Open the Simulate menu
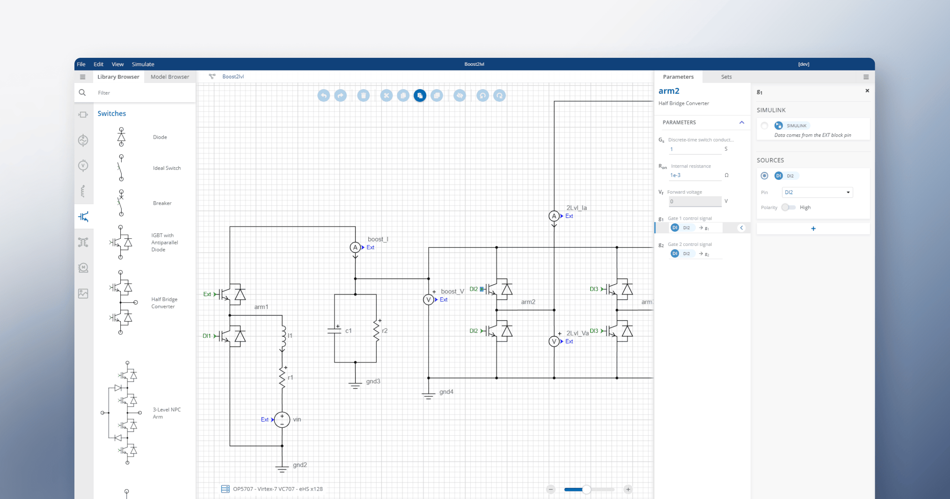click(x=143, y=64)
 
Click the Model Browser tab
click(x=170, y=77)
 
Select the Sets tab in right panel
click(x=726, y=77)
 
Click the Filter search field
click(x=142, y=93)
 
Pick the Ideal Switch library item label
click(x=167, y=168)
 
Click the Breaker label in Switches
click(x=162, y=203)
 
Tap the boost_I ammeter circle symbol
click(x=355, y=248)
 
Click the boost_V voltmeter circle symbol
click(x=428, y=300)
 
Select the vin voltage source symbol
click(x=282, y=419)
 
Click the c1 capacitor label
click(x=348, y=331)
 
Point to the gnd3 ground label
click(x=373, y=381)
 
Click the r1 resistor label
click(x=291, y=377)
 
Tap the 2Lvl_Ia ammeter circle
click(x=554, y=216)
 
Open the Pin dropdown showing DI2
click(x=817, y=192)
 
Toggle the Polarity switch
click(x=788, y=208)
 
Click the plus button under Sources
click(x=813, y=229)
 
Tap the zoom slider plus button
click(x=628, y=489)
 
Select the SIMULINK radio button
click(x=764, y=126)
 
